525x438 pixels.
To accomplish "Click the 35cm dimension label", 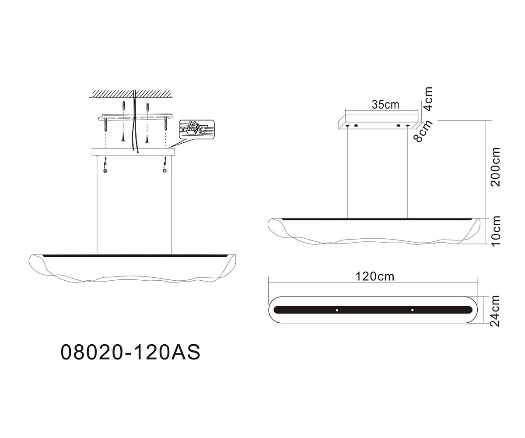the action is click(x=385, y=105).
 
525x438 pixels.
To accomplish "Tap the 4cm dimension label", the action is click(x=428, y=99).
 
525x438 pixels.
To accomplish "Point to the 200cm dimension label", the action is click(x=495, y=167).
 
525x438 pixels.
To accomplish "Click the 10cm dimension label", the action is click(x=496, y=231).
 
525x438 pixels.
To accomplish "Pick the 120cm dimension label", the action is click(x=374, y=276).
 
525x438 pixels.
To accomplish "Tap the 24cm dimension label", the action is click(x=494, y=311).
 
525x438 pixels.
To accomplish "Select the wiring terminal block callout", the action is click(x=197, y=130).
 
